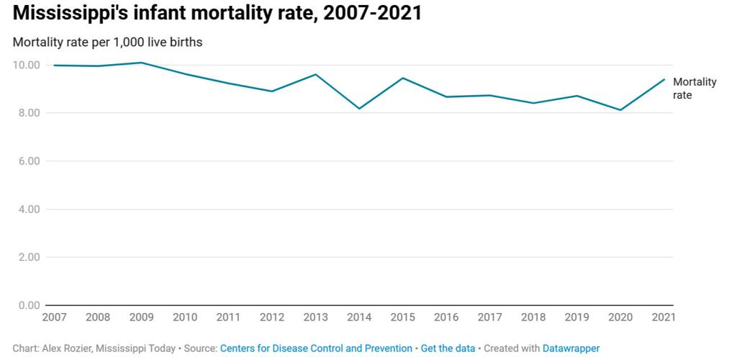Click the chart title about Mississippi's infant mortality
coord(217,14)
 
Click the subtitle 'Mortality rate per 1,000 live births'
coord(107,42)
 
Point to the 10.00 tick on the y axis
coord(26,65)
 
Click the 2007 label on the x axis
coord(54,317)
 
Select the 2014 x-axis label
coord(358,317)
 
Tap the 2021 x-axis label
coord(662,317)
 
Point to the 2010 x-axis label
coord(185,317)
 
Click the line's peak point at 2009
coord(142,63)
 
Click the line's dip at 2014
coord(359,109)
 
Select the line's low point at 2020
coord(620,110)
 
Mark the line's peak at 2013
coord(315,74)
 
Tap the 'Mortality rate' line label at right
coord(694,89)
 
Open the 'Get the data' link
coord(448,348)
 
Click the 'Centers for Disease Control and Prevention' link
coord(316,348)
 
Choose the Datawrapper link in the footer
coord(571,348)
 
